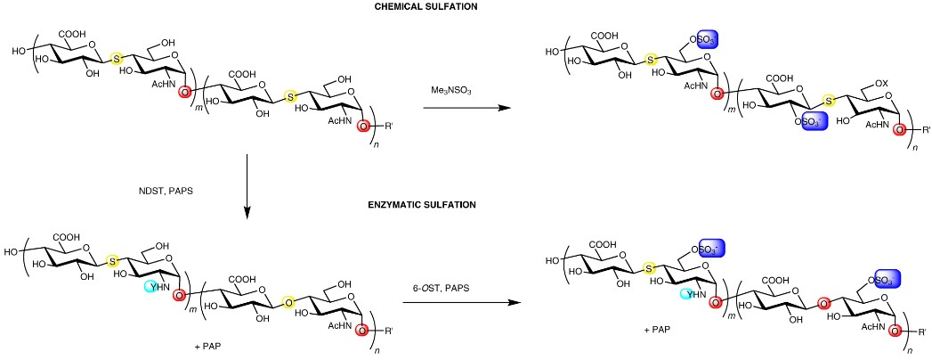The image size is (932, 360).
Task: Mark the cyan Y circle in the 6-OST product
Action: coord(686,293)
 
